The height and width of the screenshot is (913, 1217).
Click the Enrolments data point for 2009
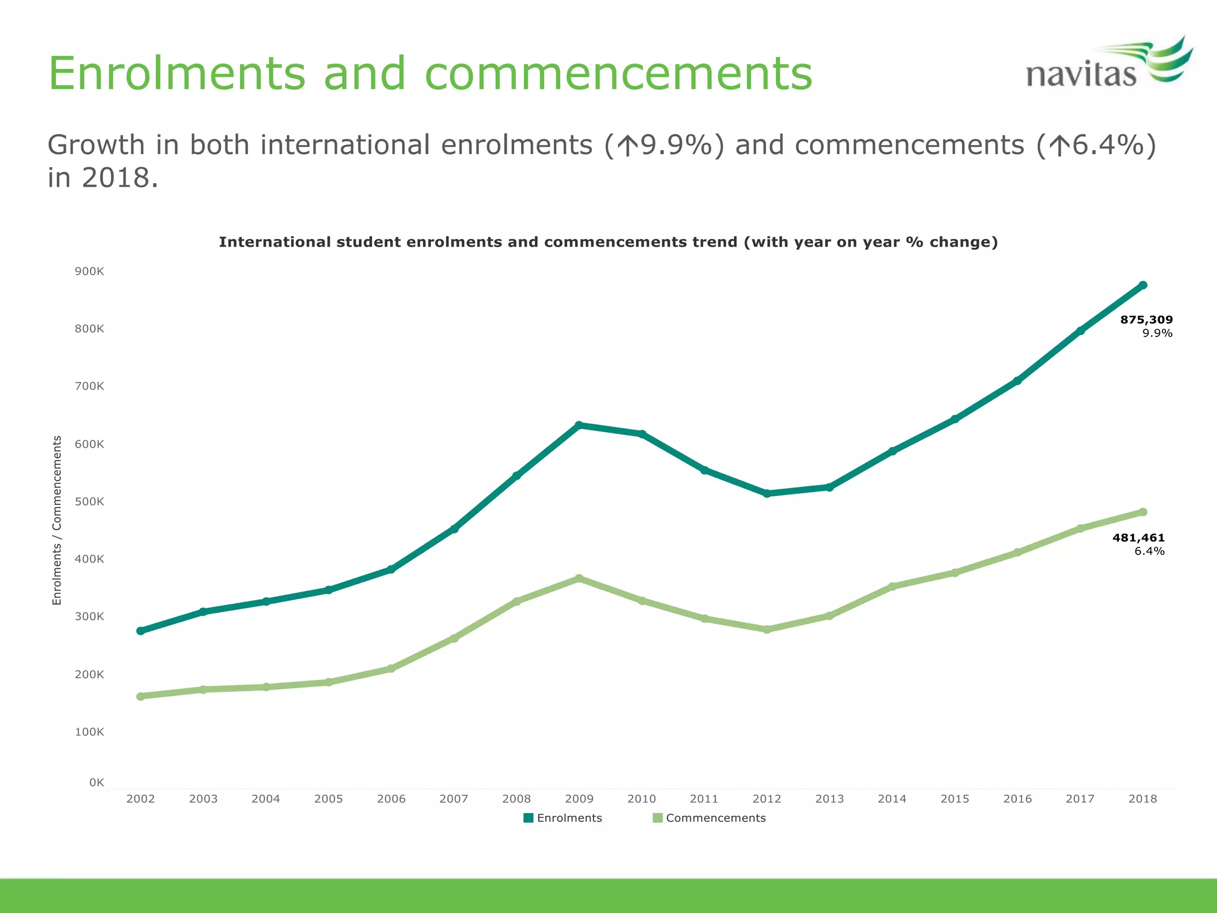579,425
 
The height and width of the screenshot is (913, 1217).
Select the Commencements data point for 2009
579,578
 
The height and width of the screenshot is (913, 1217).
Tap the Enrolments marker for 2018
1143,285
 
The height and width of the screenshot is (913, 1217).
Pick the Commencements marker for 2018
1143,512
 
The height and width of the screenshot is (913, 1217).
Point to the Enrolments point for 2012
767,493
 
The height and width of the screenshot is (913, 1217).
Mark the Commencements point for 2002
141,696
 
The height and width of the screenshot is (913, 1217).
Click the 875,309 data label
1146,320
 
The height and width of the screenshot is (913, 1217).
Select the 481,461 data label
1139,538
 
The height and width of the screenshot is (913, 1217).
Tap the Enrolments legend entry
563,818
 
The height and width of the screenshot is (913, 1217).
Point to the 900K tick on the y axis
89,272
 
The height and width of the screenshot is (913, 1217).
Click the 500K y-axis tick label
89,502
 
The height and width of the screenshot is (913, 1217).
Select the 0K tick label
96,782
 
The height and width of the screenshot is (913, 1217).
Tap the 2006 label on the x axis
391,799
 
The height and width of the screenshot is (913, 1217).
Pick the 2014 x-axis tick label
892,799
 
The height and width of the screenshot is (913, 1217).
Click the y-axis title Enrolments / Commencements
57,520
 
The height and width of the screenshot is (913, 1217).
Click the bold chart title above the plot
608,242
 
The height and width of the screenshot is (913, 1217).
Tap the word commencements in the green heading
618,74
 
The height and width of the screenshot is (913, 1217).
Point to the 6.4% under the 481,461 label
1149,551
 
